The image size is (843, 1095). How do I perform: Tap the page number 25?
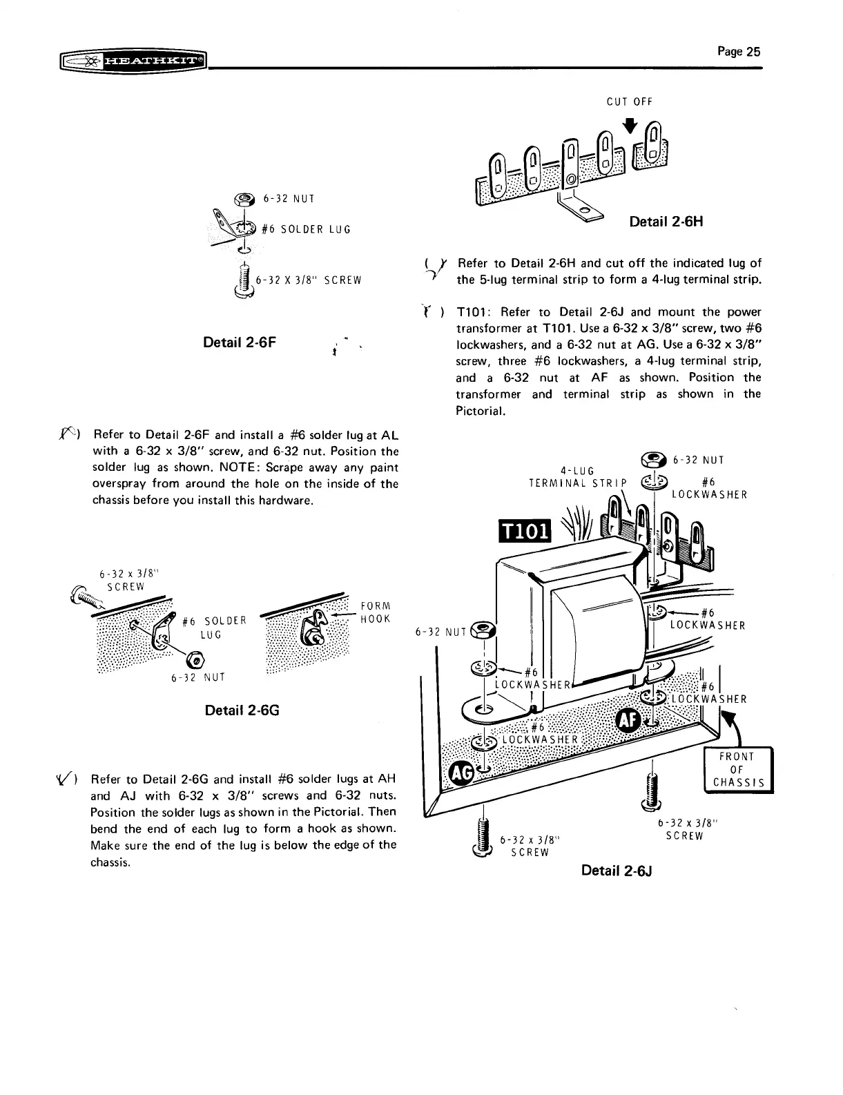tap(738, 51)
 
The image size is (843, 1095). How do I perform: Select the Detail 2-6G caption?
tap(242, 710)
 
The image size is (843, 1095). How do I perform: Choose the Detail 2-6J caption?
tap(617, 870)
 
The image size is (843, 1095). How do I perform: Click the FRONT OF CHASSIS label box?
tap(737, 770)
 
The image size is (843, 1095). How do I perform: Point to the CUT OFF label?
tap(629, 102)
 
